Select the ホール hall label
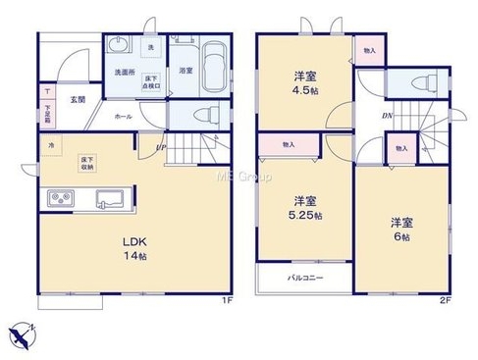point(123,116)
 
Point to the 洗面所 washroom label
point(124,71)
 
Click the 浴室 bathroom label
point(185,71)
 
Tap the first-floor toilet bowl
point(204,113)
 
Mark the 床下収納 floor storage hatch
point(87,162)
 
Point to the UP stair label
point(160,148)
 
